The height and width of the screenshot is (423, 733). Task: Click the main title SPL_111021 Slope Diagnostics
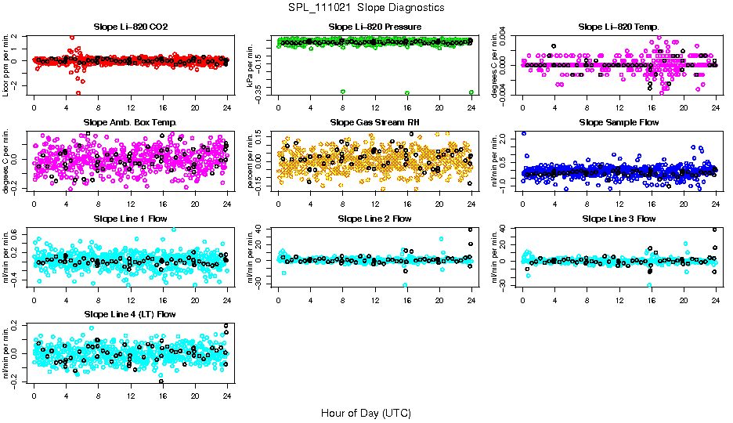(366, 7)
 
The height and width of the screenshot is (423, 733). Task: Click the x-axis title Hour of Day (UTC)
(366, 412)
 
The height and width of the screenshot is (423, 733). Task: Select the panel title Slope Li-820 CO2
(130, 27)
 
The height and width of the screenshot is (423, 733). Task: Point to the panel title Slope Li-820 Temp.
(619, 27)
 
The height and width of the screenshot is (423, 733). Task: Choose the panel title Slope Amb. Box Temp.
(130, 122)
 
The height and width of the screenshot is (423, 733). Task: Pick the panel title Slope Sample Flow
(619, 122)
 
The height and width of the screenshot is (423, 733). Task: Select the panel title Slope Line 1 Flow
(130, 219)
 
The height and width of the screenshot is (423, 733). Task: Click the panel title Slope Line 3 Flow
(619, 219)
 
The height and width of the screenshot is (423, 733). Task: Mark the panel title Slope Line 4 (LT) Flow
(130, 314)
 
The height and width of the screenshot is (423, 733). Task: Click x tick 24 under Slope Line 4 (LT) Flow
(227, 396)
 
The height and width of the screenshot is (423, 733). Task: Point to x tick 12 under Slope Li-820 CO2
(130, 108)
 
